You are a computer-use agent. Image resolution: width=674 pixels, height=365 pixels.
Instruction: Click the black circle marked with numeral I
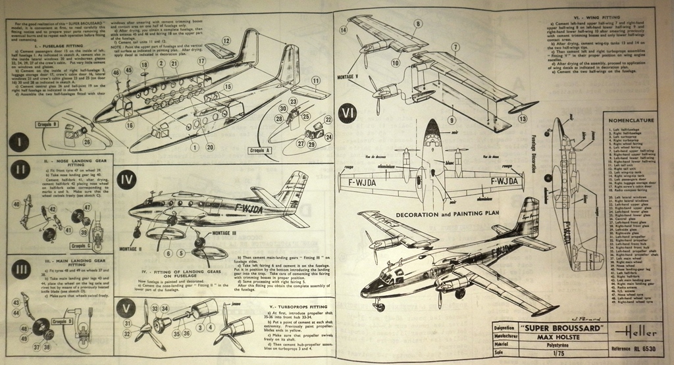click(x=19, y=143)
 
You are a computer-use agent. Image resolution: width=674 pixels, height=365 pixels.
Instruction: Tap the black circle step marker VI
click(x=348, y=114)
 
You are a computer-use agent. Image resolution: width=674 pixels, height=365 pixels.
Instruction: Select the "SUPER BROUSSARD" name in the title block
click(x=560, y=328)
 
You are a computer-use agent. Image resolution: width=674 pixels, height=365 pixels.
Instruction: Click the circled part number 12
click(x=226, y=41)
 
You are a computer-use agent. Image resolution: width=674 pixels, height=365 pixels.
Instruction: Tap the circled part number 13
click(x=522, y=118)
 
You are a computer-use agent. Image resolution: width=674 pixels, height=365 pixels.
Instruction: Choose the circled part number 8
click(x=417, y=24)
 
